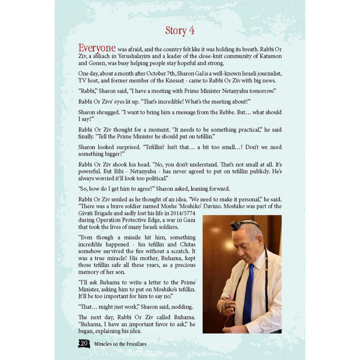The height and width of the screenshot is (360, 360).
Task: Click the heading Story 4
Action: tap(180, 31)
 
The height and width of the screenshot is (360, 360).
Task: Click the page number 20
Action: tap(84, 343)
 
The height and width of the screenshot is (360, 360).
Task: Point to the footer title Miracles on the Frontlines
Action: tap(121, 344)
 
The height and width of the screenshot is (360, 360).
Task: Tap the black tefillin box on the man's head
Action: tap(235, 225)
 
